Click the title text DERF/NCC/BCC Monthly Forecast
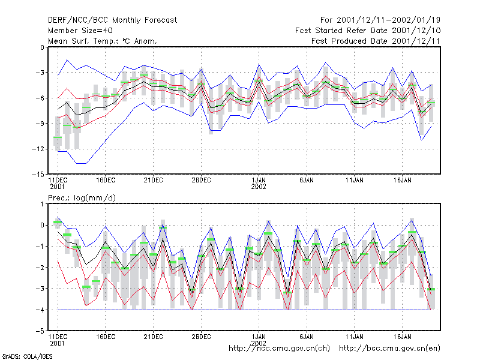112,20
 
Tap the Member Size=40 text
80,31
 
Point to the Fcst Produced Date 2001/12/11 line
376,41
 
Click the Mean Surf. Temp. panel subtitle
103,41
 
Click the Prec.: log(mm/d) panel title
82,198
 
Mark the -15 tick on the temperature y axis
38,175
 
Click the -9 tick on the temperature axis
40,124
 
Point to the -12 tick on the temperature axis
38,149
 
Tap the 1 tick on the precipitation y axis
43,204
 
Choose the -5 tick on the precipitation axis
40,331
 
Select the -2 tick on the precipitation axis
40,268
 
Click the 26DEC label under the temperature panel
201,180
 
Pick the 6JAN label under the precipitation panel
307,337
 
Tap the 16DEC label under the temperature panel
106,180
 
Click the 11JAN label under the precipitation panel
355,337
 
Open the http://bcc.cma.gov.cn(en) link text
389,349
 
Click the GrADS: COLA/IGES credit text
27,356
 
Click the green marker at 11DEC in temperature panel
58,137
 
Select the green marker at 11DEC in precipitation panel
58,222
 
